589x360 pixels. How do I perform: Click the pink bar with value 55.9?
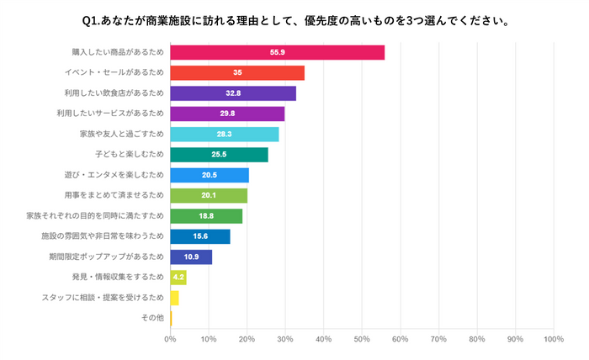pyautogui.click(x=277, y=53)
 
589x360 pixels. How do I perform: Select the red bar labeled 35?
pyautogui.click(x=237, y=73)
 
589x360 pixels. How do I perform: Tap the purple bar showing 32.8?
pyautogui.click(x=233, y=93)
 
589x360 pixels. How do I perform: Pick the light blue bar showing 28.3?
pyautogui.click(x=224, y=135)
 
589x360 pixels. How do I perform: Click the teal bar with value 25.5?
pyautogui.click(x=219, y=155)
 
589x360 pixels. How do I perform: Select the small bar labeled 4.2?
pyautogui.click(x=178, y=277)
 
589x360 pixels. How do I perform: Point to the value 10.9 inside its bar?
pyautogui.click(x=191, y=257)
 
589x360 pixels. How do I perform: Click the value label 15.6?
pyautogui.click(x=200, y=236)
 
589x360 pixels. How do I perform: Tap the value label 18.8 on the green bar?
pyautogui.click(x=206, y=216)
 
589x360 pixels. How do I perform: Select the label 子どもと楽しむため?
pyautogui.click(x=130, y=155)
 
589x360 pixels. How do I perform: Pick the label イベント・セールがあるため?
pyautogui.click(x=119, y=73)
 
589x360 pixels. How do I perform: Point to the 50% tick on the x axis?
pyautogui.click(x=362, y=339)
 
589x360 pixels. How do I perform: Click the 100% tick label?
pyautogui.click(x=553, y=339)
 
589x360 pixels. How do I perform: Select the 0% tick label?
pyautogui.click(x=170, y=339)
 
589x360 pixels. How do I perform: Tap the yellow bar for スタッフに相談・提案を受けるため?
pyautogui.click(x=174, y=298)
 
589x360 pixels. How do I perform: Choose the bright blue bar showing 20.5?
pyautogui.click(x=210, y=175)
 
